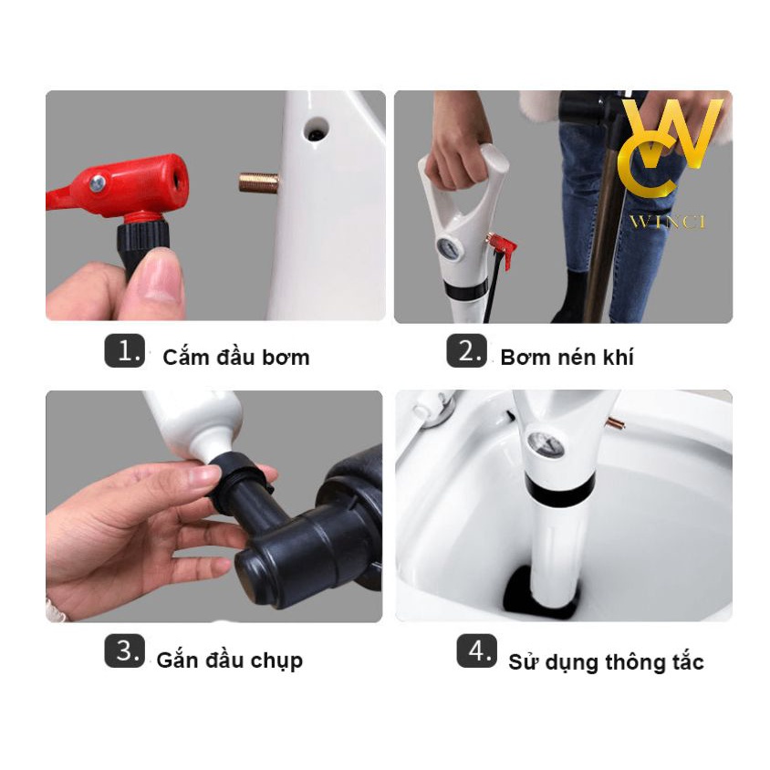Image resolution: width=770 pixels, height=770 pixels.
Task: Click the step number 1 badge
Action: pos(125,350)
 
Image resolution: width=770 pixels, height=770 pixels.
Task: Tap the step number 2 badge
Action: pos(466,350)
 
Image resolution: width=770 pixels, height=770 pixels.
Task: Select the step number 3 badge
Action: pos(125,650)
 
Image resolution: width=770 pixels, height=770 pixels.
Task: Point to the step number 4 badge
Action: pos(477,650)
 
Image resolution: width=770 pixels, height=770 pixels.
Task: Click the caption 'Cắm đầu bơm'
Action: pos(236,357)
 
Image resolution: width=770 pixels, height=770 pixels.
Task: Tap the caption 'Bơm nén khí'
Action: pos(567,357)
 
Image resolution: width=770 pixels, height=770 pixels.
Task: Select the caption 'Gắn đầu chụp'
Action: pos(229,661)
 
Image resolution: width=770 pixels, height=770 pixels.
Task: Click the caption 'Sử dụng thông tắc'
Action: pos(606,662)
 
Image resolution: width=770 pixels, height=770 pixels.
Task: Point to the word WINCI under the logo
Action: pos(668,222)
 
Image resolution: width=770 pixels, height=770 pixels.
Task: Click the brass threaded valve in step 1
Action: pos(259,182)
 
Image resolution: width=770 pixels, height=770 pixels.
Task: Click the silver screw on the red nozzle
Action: pos(98,183)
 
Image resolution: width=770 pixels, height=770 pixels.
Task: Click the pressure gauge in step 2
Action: pos(448,248)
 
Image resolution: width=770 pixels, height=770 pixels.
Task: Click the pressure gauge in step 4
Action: pos(545,445)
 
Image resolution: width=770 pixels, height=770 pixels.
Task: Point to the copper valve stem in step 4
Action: pos(617,422)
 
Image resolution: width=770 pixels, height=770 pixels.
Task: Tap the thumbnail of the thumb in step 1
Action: pos(160,277)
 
